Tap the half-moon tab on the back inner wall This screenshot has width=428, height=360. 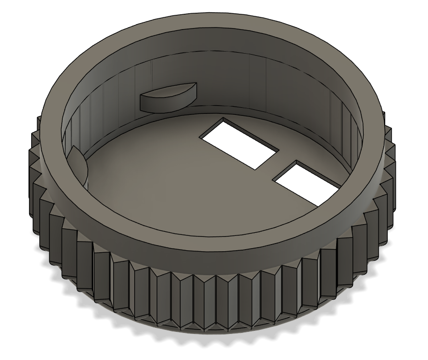pyautogui.click(x=167, y=97)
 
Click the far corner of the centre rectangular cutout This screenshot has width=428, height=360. pyautogui.click(x=223, y=118)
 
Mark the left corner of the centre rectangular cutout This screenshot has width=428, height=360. pyautogui.click(x=202, y=135)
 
